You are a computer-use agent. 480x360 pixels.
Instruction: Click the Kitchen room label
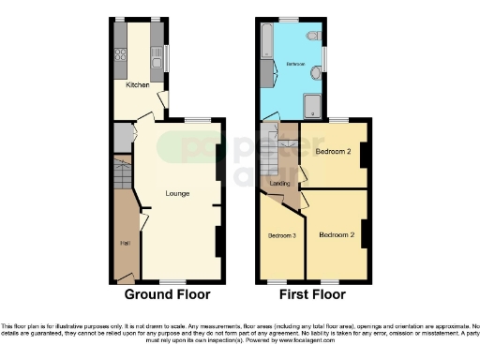pyautogui.click(x=138, y=85)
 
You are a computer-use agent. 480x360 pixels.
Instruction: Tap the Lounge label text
pyautogui.click(x=177, y=194)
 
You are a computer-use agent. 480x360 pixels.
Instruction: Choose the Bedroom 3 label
pyautogui.click(x=281, y=235)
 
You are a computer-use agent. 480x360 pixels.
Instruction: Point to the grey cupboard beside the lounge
pyautogui.click(x=122, y=138)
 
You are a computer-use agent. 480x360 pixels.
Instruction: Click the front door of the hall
pyautogui.click(x=122, y=277)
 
